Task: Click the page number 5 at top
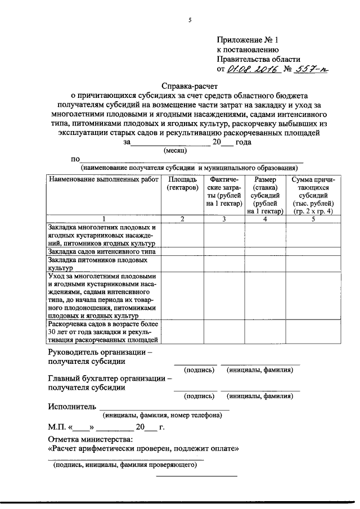[x=190, y=20]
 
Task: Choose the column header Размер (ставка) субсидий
[x=265, y=195]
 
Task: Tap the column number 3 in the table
[x=223, y=218]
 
